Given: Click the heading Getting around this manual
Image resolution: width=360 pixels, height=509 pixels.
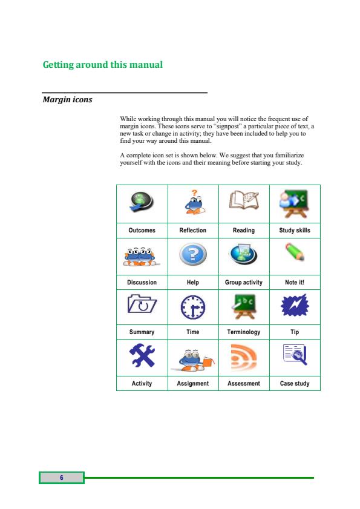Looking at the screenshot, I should click(103, 65).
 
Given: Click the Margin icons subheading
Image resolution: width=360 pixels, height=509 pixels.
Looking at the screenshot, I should click(68, 99).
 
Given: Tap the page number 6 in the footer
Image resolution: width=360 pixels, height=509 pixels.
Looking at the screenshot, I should click(61, 478).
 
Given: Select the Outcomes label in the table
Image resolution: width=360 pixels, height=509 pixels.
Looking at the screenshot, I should click(142, 231).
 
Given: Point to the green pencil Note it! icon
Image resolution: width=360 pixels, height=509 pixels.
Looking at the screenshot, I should click(294, 253).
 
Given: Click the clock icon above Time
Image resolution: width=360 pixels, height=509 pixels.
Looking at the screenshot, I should click(193, 307).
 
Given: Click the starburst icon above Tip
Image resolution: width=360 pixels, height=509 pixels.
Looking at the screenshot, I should click(295, 306).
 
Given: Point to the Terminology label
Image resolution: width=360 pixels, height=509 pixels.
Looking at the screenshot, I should click(243, 332).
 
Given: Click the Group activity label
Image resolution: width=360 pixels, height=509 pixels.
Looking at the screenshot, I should click(243, 283).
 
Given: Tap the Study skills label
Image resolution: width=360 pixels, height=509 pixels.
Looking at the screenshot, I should click(295, 231).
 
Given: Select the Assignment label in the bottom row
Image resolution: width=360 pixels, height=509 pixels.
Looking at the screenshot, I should click(193, 384).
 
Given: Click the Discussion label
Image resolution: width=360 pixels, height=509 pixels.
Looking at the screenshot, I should click(142, 283).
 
